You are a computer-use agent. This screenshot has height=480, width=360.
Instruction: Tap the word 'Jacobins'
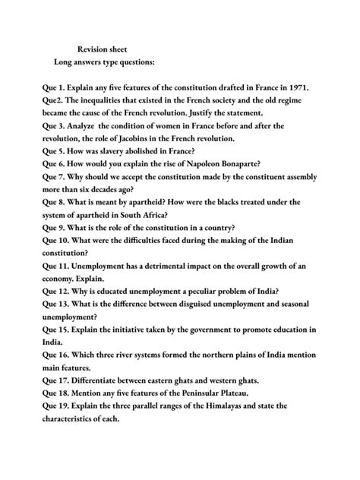tap(160, 140)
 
